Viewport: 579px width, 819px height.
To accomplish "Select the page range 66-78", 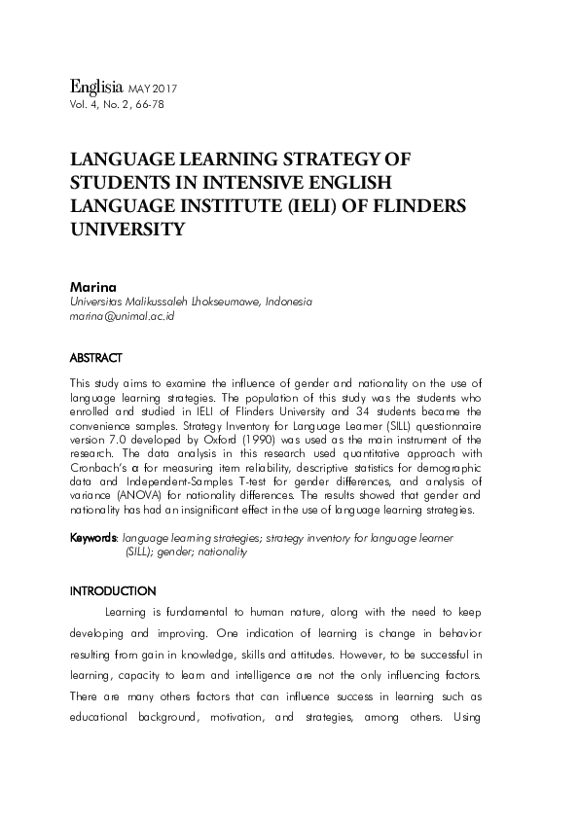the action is pos(146,103).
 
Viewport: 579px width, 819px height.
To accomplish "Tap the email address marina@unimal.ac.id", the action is pos(122,318).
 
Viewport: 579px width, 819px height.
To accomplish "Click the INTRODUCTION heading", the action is pos(113,590).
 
